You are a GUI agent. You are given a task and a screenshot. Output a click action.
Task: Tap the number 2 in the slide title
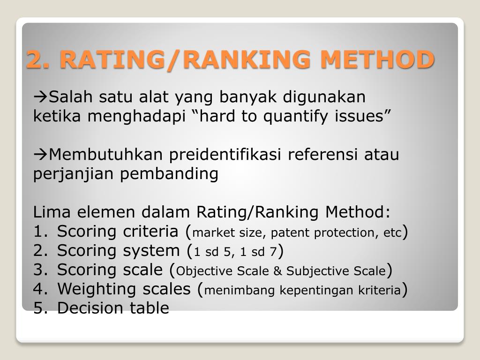click(x=34, y=60)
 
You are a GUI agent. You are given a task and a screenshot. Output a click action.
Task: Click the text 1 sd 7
click(x=258, y=252)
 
